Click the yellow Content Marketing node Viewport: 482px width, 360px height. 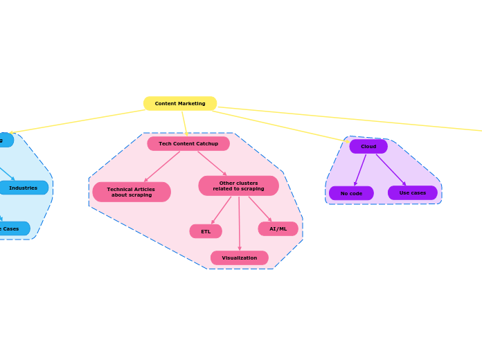(180, 103)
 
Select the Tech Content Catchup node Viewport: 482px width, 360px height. (188, 143)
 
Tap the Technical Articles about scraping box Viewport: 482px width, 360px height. (132, 192)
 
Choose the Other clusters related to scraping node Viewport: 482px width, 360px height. (238, 186)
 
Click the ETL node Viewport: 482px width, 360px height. (206, 231)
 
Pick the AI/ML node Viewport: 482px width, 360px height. (278, 228)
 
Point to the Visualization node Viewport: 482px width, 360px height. (239, 258)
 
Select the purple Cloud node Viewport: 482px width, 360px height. (368, 146)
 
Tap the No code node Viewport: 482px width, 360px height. (351, 193)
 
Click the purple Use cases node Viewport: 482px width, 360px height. (413, 192)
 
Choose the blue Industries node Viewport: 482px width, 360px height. (24, 188)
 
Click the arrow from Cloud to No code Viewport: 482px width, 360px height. (360, 170)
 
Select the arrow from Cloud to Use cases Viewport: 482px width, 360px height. (391, 170)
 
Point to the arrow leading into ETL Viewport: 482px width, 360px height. (222, 210)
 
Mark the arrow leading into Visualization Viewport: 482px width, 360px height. (239, 223)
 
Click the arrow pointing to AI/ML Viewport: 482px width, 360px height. (260, 208)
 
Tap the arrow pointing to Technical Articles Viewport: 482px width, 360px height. (162, 167)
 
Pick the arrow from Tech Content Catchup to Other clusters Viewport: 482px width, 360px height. (212, 163)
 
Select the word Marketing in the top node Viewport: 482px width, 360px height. (192, 103)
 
